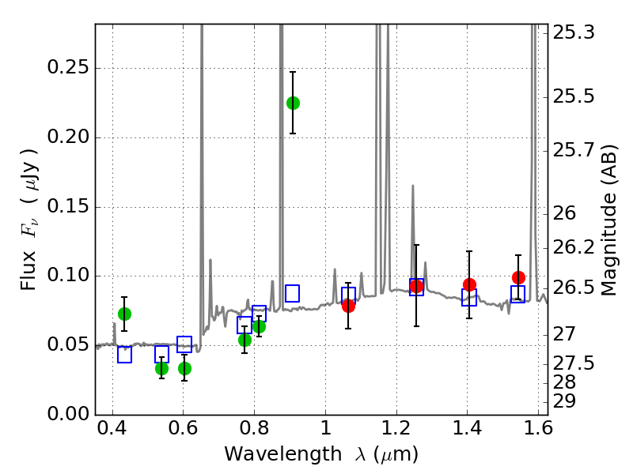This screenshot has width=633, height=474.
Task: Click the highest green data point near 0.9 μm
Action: [x=293, y=103]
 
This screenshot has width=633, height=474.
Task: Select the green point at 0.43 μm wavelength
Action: [x=124, y=314]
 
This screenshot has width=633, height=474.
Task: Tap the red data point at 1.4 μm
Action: [x=469, y=284]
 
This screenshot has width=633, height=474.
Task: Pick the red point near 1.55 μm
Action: [x=518, y=277]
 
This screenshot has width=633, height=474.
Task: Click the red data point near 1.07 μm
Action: [x=348, y=306]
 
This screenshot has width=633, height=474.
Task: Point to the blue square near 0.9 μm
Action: [x=292, y=293]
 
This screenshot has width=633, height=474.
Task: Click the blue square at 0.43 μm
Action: [x=124, y=355]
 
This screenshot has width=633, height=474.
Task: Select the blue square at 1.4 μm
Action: [x=469, y=298]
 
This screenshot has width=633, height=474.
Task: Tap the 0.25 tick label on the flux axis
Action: [x=67, y=68]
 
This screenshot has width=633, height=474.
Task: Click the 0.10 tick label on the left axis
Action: [x=67, y=276]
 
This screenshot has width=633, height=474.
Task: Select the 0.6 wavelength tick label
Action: [x=183, y=431]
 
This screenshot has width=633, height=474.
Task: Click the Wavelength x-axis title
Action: [x=320, y=454]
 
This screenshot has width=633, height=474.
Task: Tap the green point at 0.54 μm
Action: [x=161, y=368]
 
